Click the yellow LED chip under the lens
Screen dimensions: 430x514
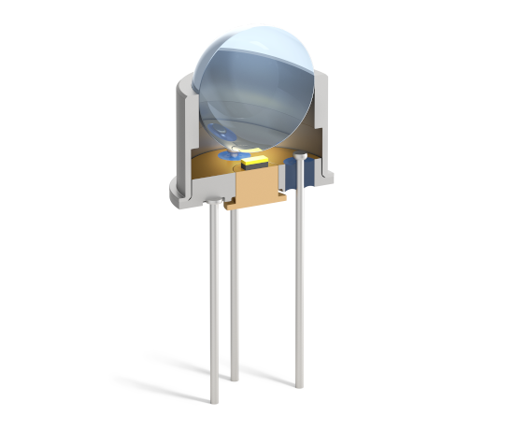pyautogui.click(x=251, y=162)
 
